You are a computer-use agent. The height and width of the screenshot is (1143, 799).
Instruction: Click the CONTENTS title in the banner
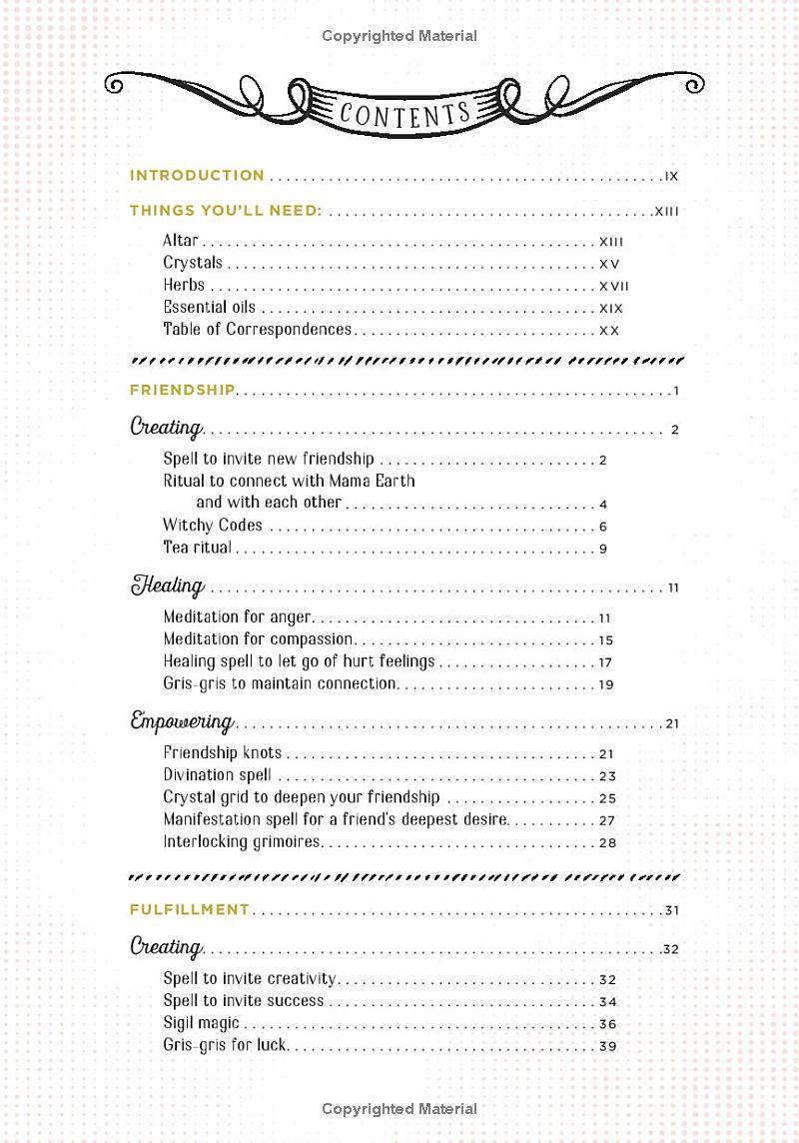[404, 112]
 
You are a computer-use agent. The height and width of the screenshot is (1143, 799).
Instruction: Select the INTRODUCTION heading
[197, 175]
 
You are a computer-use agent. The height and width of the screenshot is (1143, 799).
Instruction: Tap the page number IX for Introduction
[671, 176]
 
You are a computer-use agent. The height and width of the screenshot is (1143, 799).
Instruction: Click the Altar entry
[181, 241]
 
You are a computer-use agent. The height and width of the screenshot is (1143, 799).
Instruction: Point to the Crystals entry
[193, 263]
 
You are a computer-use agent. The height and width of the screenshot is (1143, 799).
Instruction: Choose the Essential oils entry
[209, 307]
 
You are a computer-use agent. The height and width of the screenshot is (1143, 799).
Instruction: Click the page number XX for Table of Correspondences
[609, 331]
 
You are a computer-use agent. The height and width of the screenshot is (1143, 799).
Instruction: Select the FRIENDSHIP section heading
[182, 390]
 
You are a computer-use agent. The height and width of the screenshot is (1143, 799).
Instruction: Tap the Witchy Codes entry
[213, 525]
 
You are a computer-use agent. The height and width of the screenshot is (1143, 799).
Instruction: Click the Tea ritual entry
[197, 547]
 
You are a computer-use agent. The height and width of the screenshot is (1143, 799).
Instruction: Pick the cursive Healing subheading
[167, 585]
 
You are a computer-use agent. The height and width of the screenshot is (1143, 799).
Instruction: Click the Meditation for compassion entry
[258, 638]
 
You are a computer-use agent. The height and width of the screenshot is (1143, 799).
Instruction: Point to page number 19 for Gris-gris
[606, 684]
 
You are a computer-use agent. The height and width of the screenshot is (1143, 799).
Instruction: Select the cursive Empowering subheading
[182, 721]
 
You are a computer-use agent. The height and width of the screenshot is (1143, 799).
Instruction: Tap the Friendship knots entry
[223, 752]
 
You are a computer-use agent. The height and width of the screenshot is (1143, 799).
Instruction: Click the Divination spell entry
[217, 774]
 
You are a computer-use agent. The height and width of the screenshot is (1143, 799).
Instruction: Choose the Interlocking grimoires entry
[242, 841]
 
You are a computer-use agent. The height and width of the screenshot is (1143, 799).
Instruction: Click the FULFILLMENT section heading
[189, 909]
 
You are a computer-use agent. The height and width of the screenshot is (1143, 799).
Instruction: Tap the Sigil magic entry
[201, 1022]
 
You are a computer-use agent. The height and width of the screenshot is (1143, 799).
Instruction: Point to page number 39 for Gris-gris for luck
[607, 1046]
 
